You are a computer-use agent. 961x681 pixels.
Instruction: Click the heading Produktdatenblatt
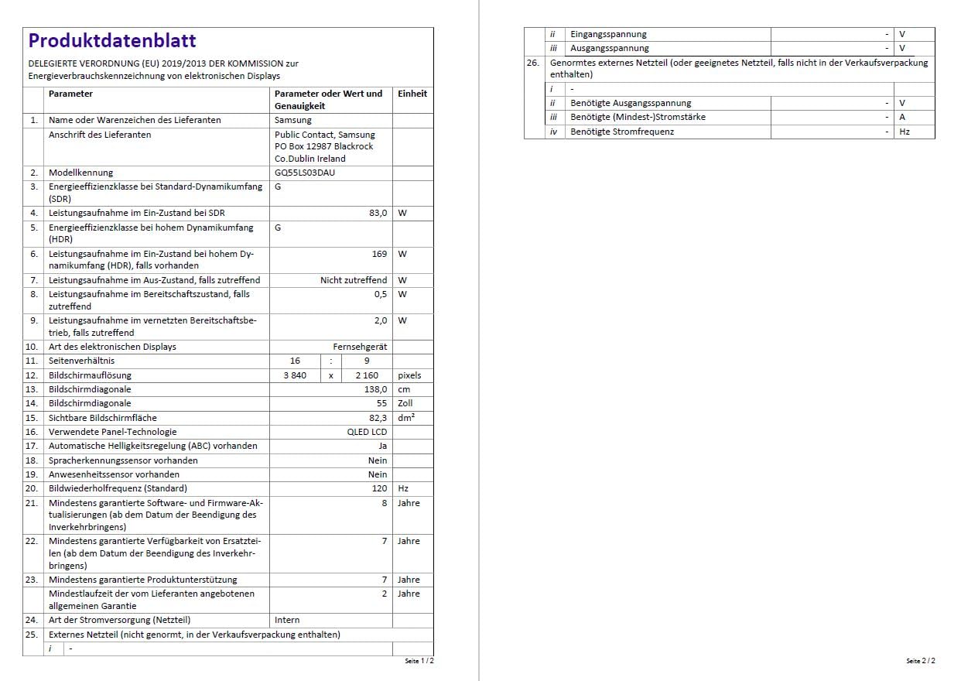click(x=112, y=41)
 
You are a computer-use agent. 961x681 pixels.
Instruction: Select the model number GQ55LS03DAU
click(x=305, y=173)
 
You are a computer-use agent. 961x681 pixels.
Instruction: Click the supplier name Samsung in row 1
click(x=293, y=120)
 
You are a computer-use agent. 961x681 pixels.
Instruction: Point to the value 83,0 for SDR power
click(x=378, y=213)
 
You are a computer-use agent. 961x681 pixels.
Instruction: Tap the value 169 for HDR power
click(x=379, y=254)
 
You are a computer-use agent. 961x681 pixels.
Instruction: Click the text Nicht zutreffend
click(x=354, y=280)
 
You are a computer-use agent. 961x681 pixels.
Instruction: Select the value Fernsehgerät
click(x=360, y=347)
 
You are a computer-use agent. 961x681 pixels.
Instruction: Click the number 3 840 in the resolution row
click(x=295, y=375)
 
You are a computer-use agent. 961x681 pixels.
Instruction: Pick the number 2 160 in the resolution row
click(x=367, y=375)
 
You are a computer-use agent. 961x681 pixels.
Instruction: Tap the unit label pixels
click(x=409, y=375)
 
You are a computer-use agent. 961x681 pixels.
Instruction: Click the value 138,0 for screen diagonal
click(x=375, y=389)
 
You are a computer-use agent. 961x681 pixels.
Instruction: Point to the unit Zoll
click(x=405, y=403)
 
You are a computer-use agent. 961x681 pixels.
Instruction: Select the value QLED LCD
click(x=367, y=432)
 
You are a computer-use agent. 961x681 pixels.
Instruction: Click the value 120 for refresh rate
click(x=379, y=488)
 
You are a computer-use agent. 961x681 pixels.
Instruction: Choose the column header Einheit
click(x=412, y=94)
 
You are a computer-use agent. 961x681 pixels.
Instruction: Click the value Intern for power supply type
click(x=287, y=620)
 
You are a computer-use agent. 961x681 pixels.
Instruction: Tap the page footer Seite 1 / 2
click(x=419, y=662)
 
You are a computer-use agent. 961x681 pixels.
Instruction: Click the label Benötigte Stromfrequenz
click(x=621, y=132)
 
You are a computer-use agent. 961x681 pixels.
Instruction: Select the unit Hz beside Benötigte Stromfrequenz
click(x=905, y=132)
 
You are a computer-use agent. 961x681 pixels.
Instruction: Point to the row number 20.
click(x=32, y=488)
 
